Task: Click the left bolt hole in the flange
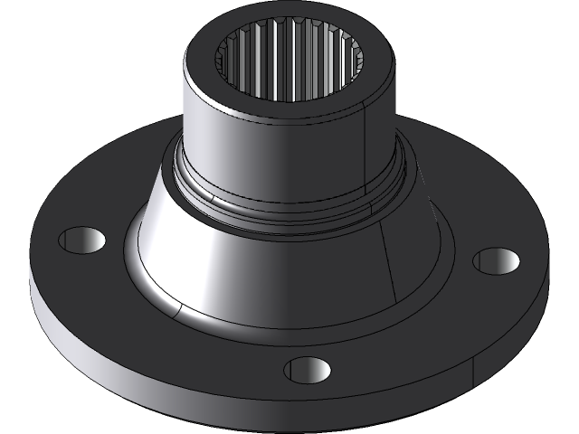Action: point(81,240)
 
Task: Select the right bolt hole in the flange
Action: point(496,261)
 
